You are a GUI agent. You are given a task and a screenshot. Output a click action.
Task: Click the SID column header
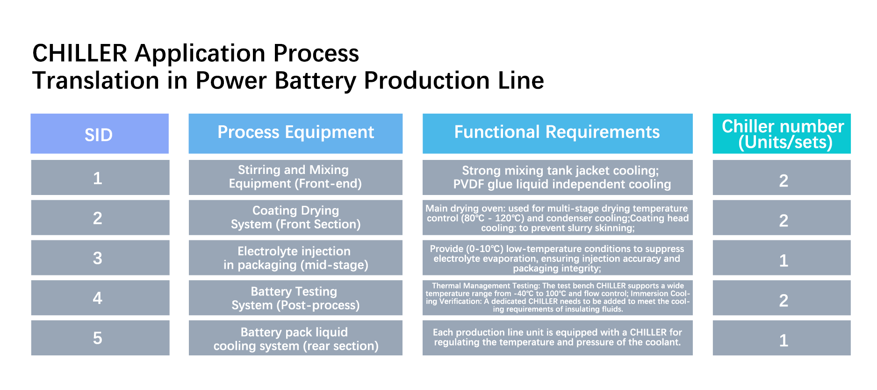click(100, 133)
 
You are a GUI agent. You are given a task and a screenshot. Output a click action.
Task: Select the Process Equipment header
click(295, 133)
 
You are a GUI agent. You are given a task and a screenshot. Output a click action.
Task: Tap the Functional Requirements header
click(557, 133)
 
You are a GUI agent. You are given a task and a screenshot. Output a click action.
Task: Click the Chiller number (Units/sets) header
click(782, 133)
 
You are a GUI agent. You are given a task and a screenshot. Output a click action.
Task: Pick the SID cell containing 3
click(100, 258)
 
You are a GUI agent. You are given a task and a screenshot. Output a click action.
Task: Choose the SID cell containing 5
click(100, 338)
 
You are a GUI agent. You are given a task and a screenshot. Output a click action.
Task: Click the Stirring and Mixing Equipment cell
click(295, 177)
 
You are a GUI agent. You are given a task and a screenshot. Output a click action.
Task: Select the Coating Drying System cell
click(295, 217)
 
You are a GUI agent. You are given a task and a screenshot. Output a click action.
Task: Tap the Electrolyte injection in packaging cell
click(295, 258)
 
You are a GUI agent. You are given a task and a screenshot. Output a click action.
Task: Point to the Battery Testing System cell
click(295, 298)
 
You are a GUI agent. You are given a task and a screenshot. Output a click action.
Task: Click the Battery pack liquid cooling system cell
click(295, 338)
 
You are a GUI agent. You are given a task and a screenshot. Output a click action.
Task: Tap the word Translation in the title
click(96, 80)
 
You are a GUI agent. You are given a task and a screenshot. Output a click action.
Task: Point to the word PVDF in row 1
click(469, 184)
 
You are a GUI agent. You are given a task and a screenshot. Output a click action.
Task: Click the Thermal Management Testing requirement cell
click(558, 298)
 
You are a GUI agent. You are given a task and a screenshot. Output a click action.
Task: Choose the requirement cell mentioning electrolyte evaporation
click(558, 258)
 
